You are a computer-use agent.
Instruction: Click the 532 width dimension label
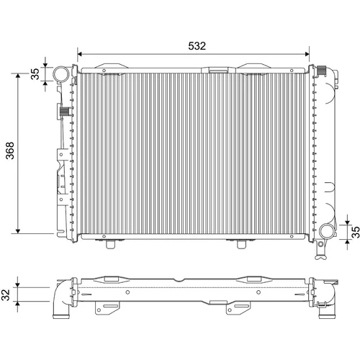pyautogui.click(x=197, y=46)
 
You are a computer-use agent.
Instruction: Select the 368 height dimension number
pyautogui.click(x=10, y=150)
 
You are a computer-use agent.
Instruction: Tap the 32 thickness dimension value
pyautogui.click(x=6, y=294)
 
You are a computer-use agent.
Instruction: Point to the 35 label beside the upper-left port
pyautogui.click(x=35, y=74)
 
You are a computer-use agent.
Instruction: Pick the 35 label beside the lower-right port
pyautogui.click(x=356, y=232)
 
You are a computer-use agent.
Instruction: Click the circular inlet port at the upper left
pyautogui.click(x=61, y=74)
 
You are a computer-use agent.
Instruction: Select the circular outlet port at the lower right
pyautogui.click(x=326, y=231)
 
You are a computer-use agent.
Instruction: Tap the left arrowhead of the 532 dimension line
pyautogui.click(x=80, y=54)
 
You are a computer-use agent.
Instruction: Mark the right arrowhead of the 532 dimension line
pyautogui.click(x=307, y=54)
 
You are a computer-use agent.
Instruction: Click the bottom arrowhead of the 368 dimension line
pyautogui.click(x=18, y=231)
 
